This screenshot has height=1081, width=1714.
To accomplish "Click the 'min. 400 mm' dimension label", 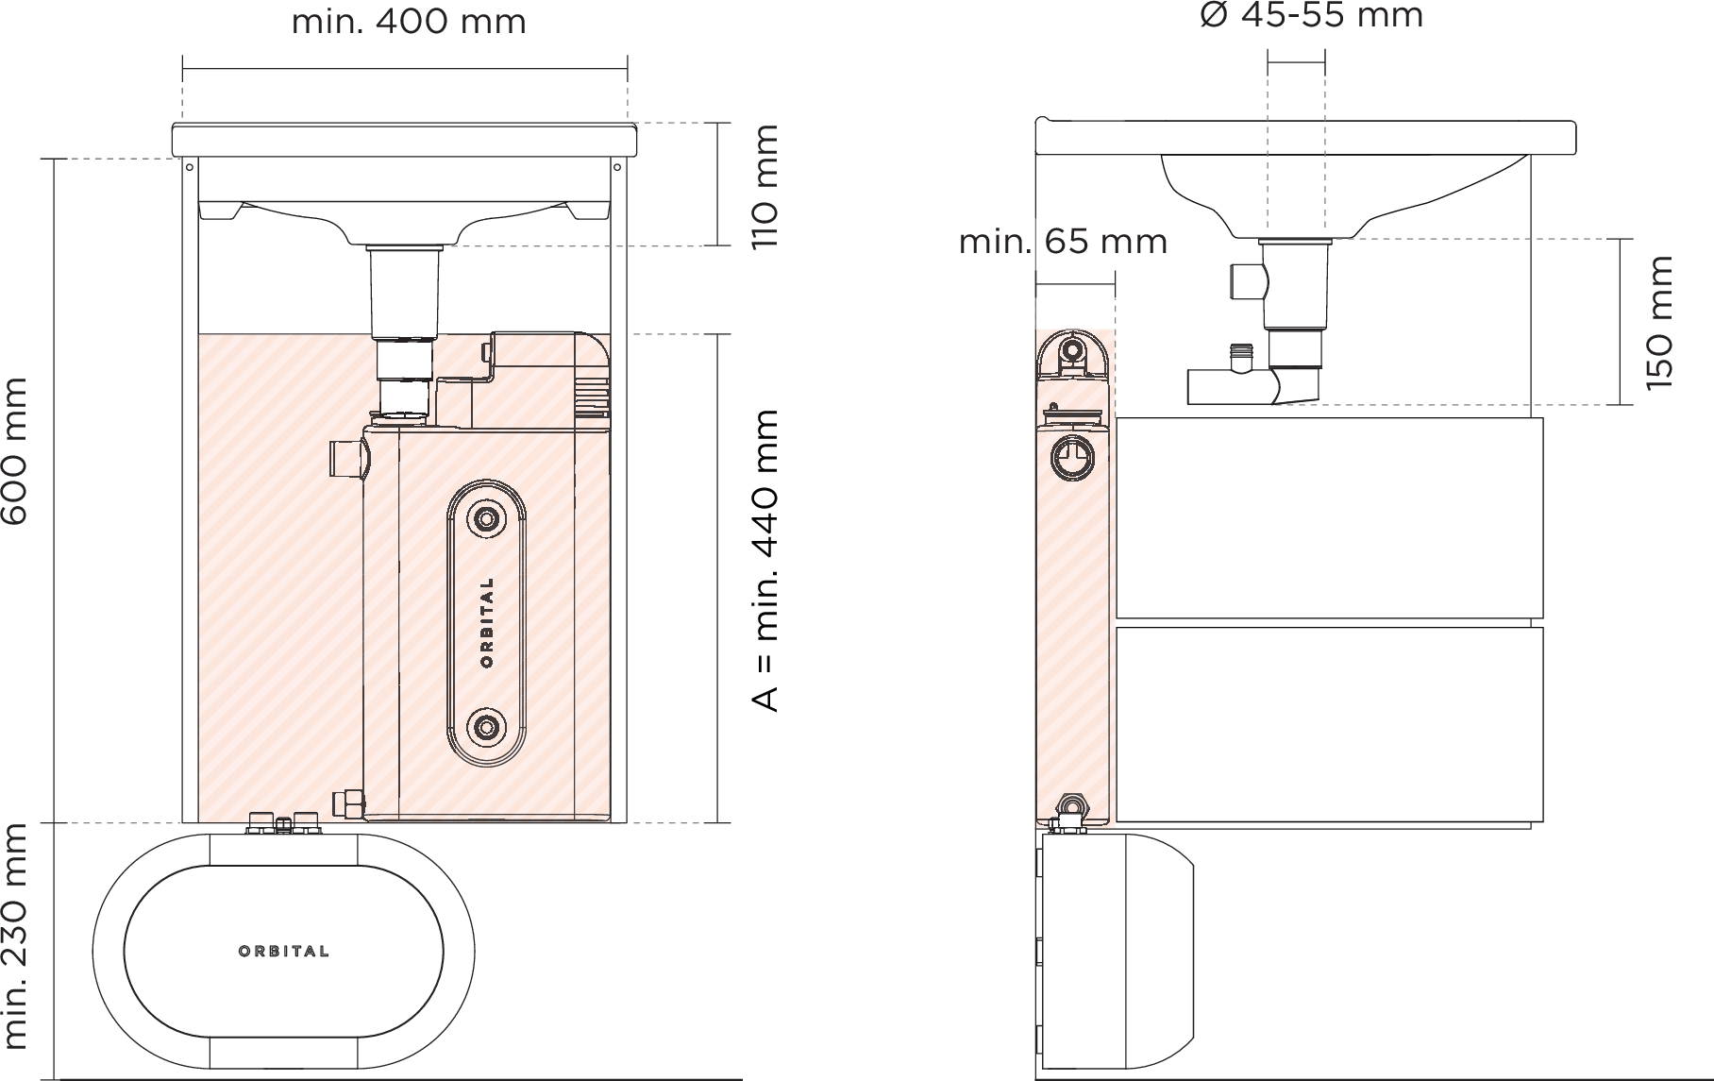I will click(x=409, y=21).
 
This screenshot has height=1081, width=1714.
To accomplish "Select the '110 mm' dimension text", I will click(x=765, y=187).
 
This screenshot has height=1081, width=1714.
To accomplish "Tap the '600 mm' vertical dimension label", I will click(x=15, y=451).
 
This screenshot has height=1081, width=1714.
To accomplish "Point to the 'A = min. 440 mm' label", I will click(x=765, y=560).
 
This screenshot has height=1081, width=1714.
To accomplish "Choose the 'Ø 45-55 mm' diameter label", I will click(x=1311, y=16).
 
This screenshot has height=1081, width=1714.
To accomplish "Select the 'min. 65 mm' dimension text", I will click(x=1063, y=243).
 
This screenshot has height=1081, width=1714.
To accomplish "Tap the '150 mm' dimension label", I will click(x=1658, y=323).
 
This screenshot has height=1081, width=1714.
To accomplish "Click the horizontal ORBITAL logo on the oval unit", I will click(x=284, y=951).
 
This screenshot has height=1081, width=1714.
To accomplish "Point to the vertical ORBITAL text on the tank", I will click(x=487, y=623).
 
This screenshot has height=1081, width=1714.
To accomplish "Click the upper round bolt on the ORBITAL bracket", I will click(x=487, y=519).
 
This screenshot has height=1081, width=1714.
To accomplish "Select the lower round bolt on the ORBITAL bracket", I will click(x=487, y=726).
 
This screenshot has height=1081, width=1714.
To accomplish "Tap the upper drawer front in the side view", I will click(x=1329, y=517).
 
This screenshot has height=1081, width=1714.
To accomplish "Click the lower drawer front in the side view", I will click(x=1329, y=724).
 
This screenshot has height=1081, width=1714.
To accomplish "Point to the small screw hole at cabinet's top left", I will click(x=190, y=168).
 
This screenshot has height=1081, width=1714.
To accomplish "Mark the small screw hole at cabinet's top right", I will click(x=617, y=168).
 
